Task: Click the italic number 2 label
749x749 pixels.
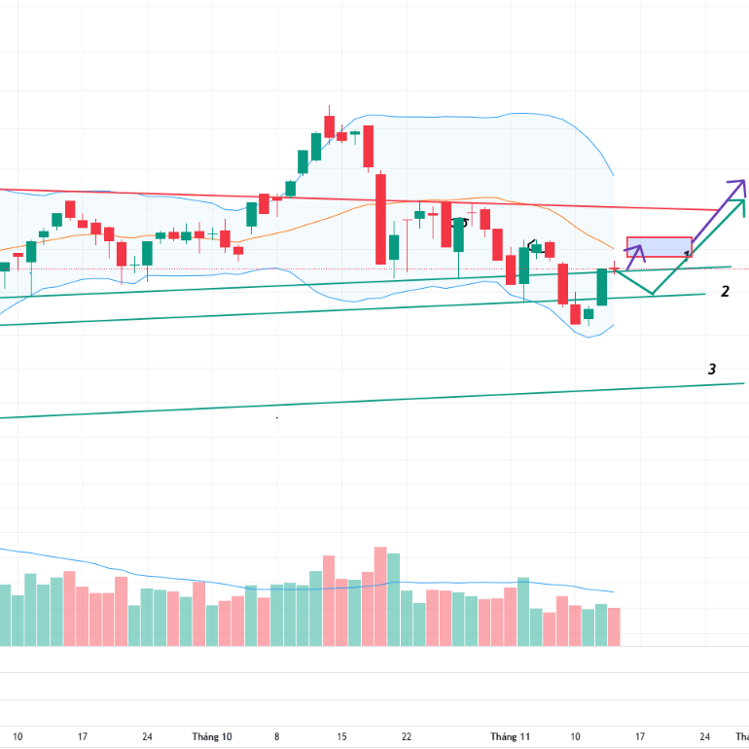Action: (x=725, y=291)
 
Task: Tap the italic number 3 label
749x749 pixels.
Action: (x=712, y=369)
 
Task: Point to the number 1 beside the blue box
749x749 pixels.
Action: (x=688, y=256)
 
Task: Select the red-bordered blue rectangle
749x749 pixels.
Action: (x=659, y=247)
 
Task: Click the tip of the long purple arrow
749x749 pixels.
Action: (x=743, y=182)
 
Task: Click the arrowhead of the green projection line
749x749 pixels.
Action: (x=743, y=201)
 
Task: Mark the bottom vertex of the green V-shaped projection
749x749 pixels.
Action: (x=652, y=294)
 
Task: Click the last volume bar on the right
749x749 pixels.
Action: (x=614, y=626)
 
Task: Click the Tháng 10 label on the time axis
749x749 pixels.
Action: (x=212, y=736)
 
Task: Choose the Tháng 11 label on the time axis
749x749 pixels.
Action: (x=510, y=736)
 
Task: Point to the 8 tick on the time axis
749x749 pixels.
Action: (x=276, y=736)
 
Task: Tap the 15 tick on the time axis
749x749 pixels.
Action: (x=341, y=736)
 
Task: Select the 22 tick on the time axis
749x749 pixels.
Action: (x=407, y=736)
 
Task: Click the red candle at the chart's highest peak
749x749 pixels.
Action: (x=329, y=126)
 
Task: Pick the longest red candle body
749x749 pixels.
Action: (x=380, y=219)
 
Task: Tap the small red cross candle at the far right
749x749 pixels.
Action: (x=614, y=267)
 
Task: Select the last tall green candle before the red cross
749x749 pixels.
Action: (x=601, y=287)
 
